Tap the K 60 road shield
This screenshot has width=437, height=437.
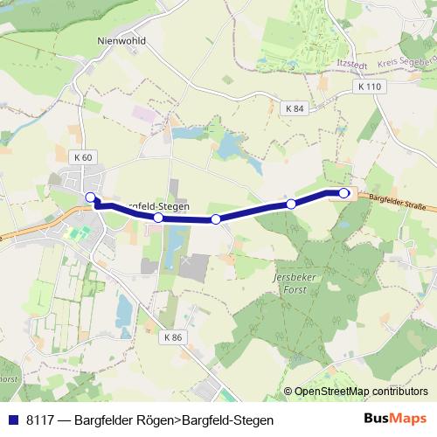pos(83,156)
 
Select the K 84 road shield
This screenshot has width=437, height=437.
pos(294,108)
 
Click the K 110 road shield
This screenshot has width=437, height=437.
pos(370,87)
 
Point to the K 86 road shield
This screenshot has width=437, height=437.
pos(174,337)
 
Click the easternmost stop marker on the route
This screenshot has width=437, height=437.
pos(343,193)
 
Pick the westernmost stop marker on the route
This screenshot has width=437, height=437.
pos(91,197)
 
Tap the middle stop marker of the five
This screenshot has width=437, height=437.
pos(215,218)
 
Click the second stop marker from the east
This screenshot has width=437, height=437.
pos(291,204)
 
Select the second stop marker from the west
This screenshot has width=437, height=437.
pos(158,217)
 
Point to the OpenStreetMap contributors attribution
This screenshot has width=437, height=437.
pos(361,391)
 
